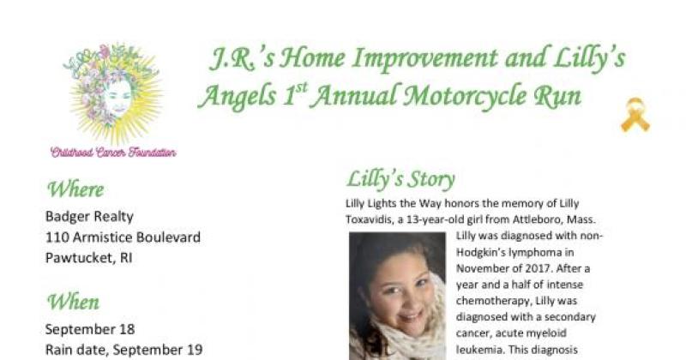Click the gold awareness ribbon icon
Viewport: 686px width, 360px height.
[635, 115]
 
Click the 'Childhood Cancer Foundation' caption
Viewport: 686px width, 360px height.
[113, 153]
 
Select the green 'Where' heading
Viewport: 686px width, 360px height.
[75, 189]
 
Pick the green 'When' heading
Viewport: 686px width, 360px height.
[73, 302]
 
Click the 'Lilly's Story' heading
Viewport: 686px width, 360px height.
[400, 179]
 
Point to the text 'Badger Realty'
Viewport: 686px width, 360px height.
[89, 217]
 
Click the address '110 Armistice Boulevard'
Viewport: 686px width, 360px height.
[123, 237]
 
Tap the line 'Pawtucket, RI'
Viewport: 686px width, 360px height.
[90, 256]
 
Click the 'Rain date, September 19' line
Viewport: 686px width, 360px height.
[123, 349]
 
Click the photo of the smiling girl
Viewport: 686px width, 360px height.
[397, 297]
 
